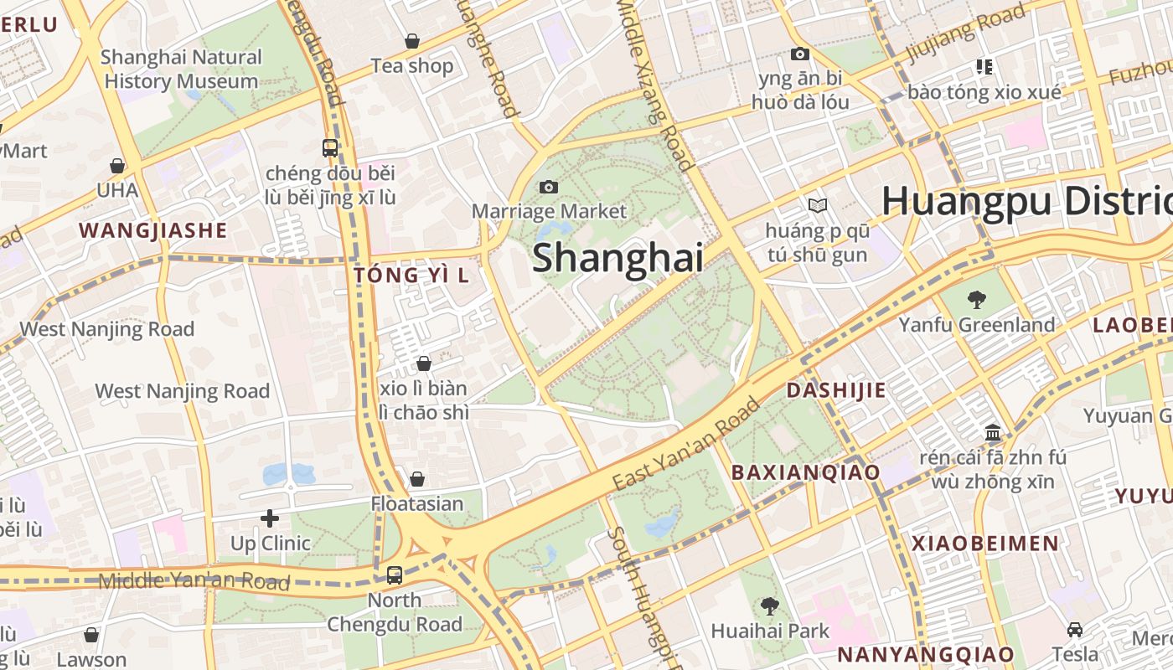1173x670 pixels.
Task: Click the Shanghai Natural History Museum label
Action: coord(181,70)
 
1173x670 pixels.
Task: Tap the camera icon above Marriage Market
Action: coord(549,187)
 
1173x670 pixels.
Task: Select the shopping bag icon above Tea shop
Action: coord(412,41)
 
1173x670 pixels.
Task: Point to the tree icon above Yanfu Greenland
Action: coord(976,300)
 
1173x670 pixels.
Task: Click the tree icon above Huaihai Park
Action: coord(769,606)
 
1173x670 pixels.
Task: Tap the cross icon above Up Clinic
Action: coord(269,518)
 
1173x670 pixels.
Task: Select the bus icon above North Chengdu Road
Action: coord(394,575)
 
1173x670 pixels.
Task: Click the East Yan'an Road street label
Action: coord(686,443)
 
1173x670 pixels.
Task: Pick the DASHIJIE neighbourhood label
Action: coord(835,390)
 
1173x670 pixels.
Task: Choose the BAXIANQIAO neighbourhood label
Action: coord(805,472)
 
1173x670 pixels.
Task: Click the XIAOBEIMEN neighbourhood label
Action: coord(985,543)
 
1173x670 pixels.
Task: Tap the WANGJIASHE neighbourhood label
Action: coord(152,230)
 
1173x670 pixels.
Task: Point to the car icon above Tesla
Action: coord(1075,630)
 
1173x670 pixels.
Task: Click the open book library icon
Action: coord(817,205)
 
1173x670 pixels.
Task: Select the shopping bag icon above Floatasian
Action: coord(416,479)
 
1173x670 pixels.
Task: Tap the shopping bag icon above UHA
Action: coord(117,166)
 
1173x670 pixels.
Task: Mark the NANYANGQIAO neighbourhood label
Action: coord(926,654)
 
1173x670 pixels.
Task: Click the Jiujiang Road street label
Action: coord(965,34)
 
